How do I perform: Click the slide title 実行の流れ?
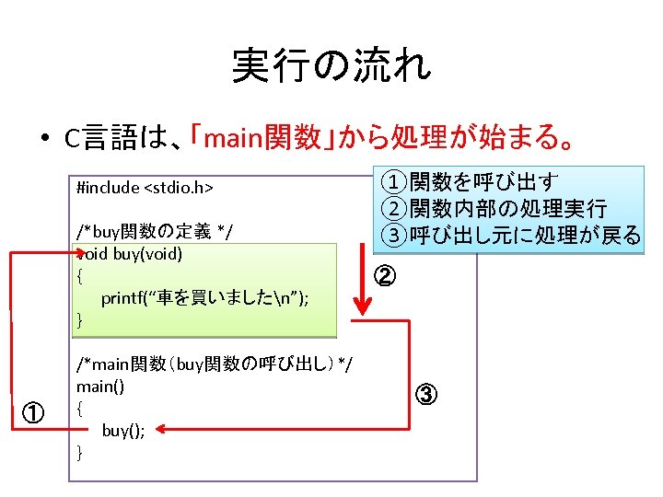pyautogui.click(x=331, y=65)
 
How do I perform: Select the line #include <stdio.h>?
pyautogui.click(x=145, y=188)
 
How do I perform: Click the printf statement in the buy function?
pyautogui.click(x=204, y=297)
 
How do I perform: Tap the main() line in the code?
pyautogui.click(x=100, y=387)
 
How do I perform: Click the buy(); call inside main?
pyautogui.click(x=122, y=430)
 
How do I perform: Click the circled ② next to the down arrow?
pyautogui.click(x=387, y=275)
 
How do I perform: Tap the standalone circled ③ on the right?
pyautogui.click(x=425, y=396)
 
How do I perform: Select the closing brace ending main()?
pyautogui.click(x=80, y=452)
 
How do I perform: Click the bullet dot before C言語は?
pyautogui.click(x=43, y=140)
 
